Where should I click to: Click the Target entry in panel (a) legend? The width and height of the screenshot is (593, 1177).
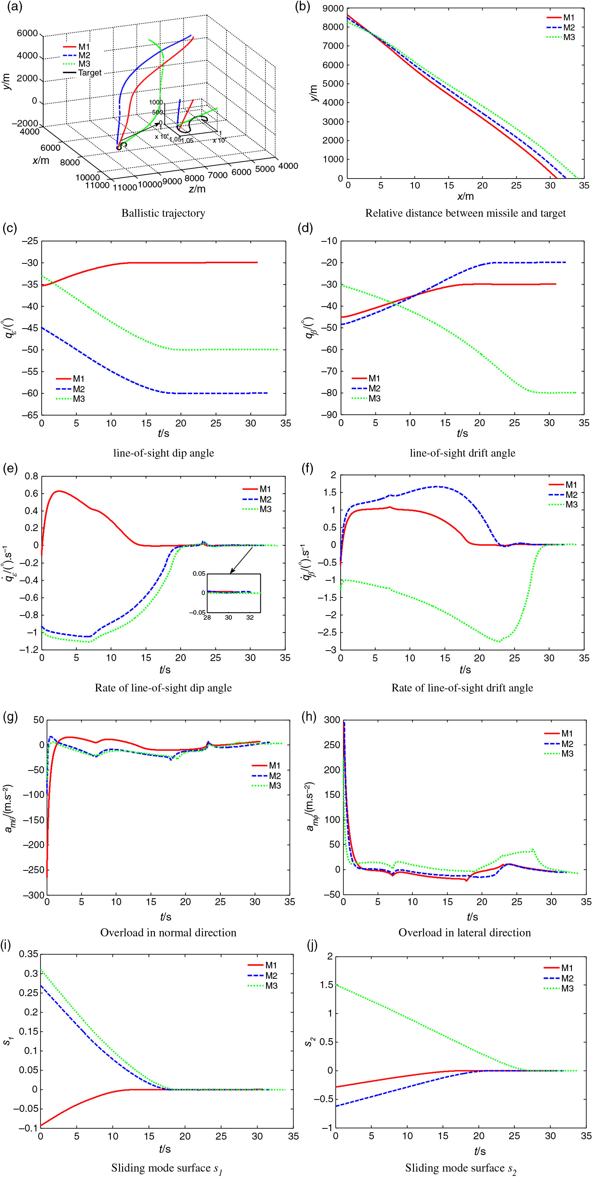[x=89, y=73]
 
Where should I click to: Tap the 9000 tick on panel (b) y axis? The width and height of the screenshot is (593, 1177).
[x=334, y=8]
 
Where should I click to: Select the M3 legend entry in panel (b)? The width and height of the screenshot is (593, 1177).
[x=568, y=37]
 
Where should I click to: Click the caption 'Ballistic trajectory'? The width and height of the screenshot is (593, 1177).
[x=163, y=213]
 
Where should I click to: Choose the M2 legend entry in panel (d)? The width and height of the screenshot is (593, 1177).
[x=374, y=388]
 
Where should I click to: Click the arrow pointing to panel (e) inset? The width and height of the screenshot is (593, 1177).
[x=241, y=560]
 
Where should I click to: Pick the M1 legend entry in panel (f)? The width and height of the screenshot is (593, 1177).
[x=571, y=485]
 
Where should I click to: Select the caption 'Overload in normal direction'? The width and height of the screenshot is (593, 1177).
[x=168, y=932]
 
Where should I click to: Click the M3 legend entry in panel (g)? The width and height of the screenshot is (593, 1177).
[x=274, y=786]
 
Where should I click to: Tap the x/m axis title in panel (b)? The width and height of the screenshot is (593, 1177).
[x=465, y=196]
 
